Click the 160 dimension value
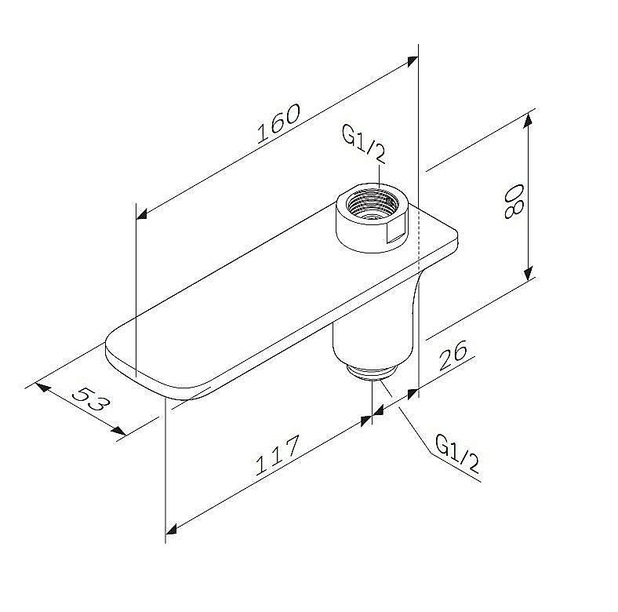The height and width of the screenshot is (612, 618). pos(278,123)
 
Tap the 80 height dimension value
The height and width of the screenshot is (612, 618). pos(514,202)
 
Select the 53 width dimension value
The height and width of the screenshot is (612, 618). pos(92,399)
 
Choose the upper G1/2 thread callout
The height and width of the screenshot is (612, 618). pos(363,145)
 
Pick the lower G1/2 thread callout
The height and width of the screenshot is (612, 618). pos(457,453)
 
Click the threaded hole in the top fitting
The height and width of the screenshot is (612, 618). pos(372,203)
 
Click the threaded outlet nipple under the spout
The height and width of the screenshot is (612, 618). pos(371,372)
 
